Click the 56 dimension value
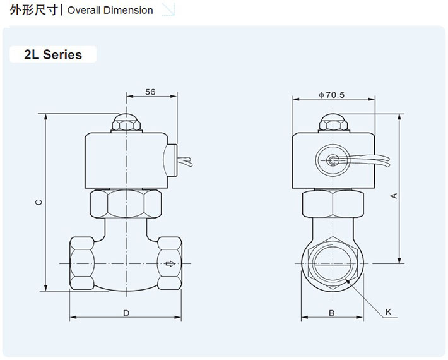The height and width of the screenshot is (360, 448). pyautogui.click(x=150, y=92)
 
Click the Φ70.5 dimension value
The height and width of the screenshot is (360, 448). pyautogui.click(x=332, y=95)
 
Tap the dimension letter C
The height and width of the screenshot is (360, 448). pyautogui.click(x=38, y=203)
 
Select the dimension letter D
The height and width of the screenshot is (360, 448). pyautogui.click(x=126, y=313)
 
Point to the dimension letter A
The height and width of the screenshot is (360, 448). pyautogui.click(x=394, y=196)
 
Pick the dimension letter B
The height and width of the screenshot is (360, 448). pyautogui.click(x=331, y=313)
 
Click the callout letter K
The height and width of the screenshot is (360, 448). pyautogui.click(x=389, y=312)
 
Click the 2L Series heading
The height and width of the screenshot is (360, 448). pyautogui.click(x=53, y=55)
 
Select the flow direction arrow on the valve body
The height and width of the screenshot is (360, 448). pyautogui.click(x=170, y=263)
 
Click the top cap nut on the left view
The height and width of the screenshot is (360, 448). pyautogui.click(x=127, y=122)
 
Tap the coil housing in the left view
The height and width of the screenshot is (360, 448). pyautogui.click(x=126, y=160)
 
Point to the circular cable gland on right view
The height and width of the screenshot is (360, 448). pyautogui.click(x=333, y=160)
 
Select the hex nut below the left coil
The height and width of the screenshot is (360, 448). pyautogui.click(x=126, y=203)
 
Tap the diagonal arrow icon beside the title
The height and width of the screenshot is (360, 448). pyautogui.click(x=168, y=9)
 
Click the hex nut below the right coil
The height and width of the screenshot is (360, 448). pyautogui.click(x=332, y=203)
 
